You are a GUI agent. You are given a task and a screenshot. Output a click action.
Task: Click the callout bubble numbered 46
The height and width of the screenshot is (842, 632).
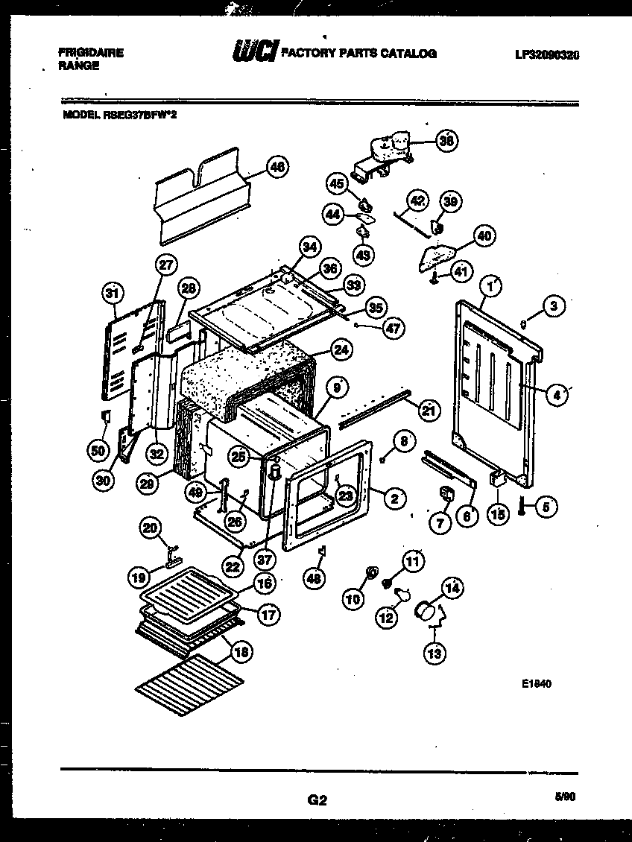(276, 168)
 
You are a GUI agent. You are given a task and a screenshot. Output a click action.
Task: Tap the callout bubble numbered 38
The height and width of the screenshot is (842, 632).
(446, 141)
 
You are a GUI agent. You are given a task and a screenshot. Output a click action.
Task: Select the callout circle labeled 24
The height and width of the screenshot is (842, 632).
(341, 349)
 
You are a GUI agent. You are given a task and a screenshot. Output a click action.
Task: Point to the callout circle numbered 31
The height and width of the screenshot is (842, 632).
(113, 294)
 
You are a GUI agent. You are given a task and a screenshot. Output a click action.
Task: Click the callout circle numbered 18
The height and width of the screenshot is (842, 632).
(239, 652)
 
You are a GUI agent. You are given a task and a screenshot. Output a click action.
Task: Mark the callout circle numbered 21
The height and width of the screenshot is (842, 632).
(428, 408)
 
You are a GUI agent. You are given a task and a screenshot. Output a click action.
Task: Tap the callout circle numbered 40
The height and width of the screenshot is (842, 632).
(484, 236)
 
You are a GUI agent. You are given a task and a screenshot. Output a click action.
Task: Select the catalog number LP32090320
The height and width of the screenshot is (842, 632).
(546, 54)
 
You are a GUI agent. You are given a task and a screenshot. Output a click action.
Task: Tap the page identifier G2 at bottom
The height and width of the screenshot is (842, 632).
(317, 800)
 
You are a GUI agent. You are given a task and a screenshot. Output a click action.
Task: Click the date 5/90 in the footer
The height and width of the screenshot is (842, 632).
(566, 797)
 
